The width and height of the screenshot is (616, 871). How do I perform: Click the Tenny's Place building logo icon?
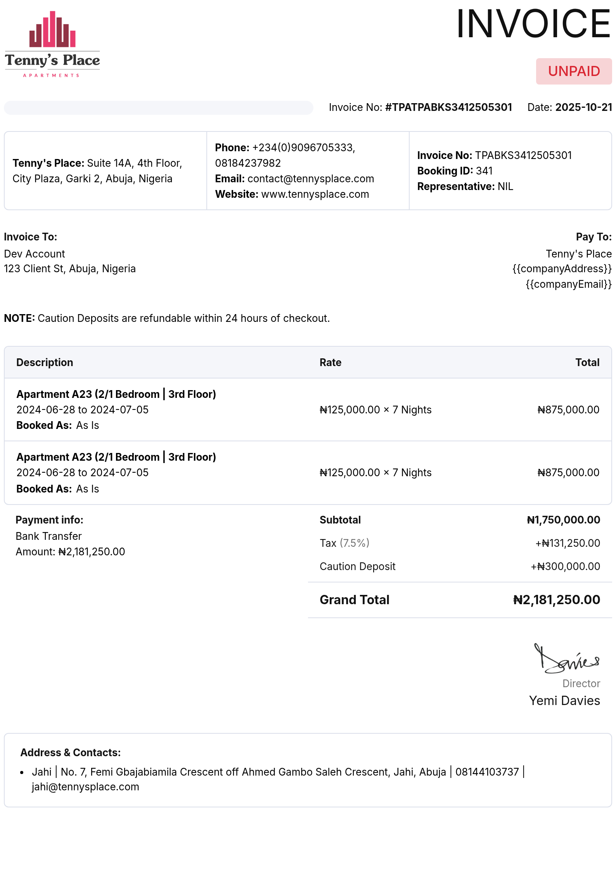[x=52, y=29]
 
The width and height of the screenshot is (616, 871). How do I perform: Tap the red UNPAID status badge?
[x=574, y=71]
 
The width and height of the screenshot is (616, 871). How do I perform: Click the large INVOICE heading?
[x=533, y=24]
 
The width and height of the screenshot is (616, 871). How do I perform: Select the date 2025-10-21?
[x=583, y=107]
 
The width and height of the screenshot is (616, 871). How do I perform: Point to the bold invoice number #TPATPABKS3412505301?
[x=448, y=107]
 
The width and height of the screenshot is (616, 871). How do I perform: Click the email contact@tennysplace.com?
[x=311, y=179]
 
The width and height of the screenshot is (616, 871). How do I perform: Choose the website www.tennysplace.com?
[x=315, y=194]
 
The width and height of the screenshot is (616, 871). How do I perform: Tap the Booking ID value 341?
[x=484, y=171]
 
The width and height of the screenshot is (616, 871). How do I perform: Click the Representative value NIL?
[x=505, y=187]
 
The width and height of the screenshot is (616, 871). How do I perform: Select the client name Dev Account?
[x=35, y=254]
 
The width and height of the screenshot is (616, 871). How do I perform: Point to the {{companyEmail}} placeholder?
[x=568, y=284]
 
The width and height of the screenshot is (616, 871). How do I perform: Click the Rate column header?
[x=330, y=363]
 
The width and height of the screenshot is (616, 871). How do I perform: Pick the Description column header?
[x=45, y=363]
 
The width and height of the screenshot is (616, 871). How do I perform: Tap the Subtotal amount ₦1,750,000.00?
[x=563, y=520]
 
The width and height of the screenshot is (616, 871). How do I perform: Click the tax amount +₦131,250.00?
[x=568, y=543]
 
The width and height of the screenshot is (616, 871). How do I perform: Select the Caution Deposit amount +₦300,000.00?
[x=565, y=567]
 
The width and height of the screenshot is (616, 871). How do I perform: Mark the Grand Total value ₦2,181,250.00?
[x=556, y=600]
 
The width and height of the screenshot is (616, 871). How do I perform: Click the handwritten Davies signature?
[x=566, y=660]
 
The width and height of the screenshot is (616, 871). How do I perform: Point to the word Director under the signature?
[x=581, y=683]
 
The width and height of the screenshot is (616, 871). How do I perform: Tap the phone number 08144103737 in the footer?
[x=487, y=772]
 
